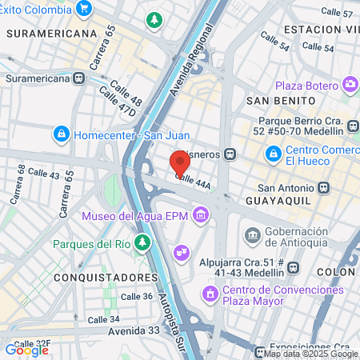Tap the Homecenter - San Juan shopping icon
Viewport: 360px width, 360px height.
(x=61, y=134)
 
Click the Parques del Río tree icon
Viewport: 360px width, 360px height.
(x=142, y=242)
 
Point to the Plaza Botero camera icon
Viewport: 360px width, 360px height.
(x=350, y=85)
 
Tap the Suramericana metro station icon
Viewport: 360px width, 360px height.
(x=78, y=78)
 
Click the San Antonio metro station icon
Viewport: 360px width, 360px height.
(x=322, y=188)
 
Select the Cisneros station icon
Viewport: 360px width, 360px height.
(x=230, y=154)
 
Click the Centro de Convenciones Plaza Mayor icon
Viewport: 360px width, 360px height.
(x=210, y=294)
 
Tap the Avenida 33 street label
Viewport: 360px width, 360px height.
(x=111, y=330)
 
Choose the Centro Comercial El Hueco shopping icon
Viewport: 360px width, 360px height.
(x=274, y=151)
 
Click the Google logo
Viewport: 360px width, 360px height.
(x=26, y=350)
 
